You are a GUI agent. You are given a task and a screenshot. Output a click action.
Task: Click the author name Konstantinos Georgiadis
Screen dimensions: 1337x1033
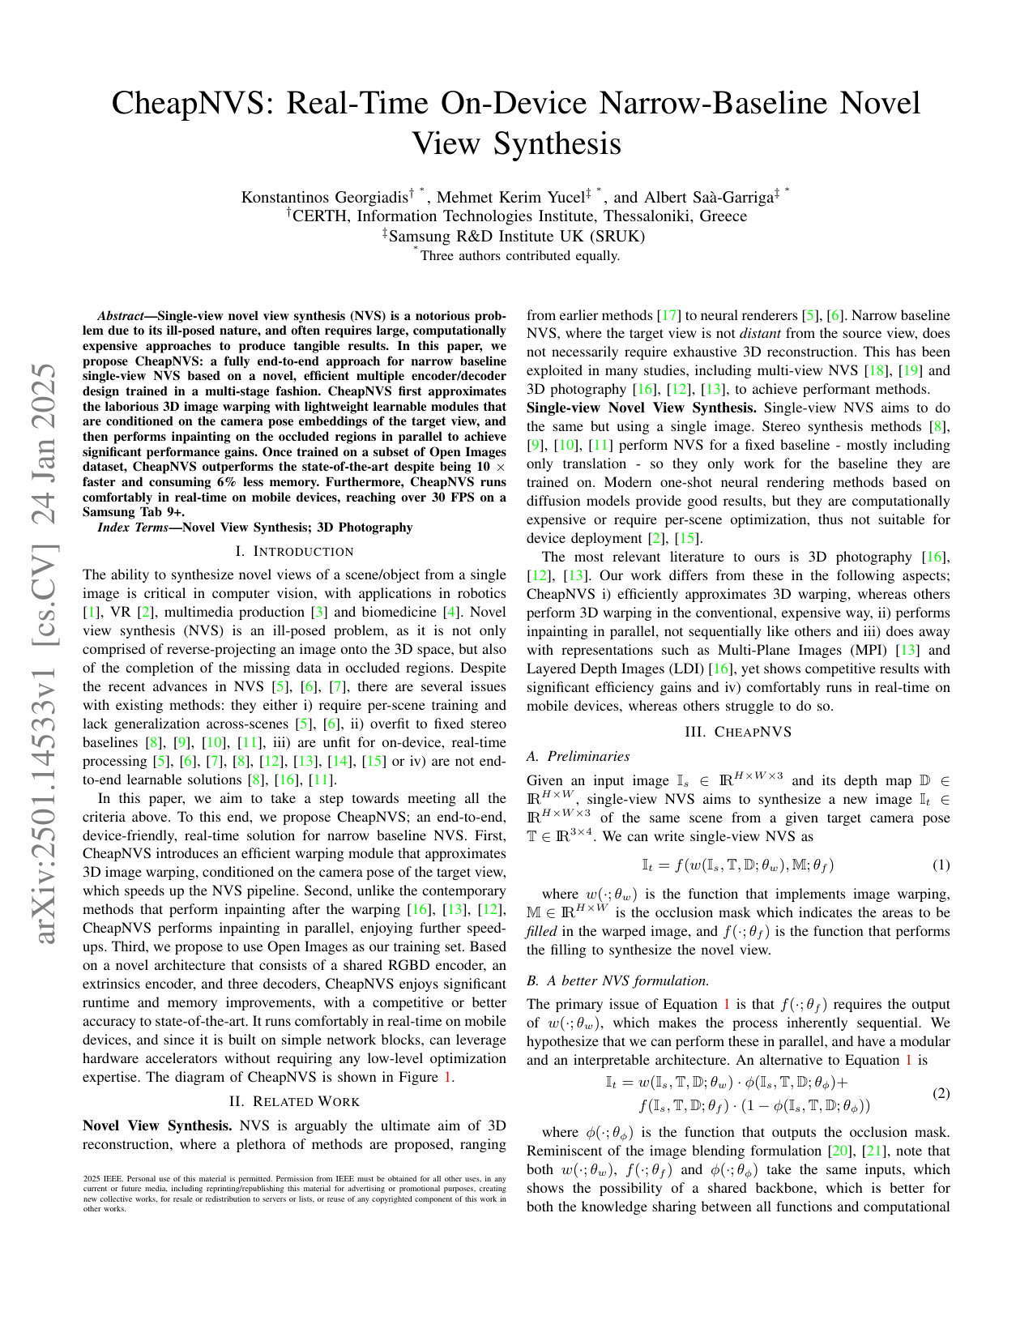tap(324, 197)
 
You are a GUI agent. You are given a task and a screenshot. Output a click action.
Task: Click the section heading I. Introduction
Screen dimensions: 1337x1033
tap(294, 552)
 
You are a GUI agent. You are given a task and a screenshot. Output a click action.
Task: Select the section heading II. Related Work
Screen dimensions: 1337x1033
tap(294, 1101)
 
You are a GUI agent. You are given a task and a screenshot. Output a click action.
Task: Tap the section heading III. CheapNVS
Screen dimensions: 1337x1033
tap(737, 732)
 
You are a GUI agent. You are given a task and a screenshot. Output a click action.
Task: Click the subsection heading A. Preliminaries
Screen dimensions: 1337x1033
tap(578, 756)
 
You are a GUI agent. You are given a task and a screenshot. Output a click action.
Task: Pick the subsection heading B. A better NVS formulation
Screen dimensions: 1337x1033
tap(617, 980)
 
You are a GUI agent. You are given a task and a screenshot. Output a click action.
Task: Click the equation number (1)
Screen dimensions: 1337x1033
tap(941, 865)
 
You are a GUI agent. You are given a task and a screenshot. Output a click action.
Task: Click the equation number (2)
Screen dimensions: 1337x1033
tap(941, 1094)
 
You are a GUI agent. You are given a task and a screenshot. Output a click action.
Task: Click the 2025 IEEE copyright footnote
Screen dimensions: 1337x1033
tap(294, 1193)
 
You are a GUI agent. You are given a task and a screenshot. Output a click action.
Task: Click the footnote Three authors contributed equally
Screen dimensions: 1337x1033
tap(519, 256)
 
